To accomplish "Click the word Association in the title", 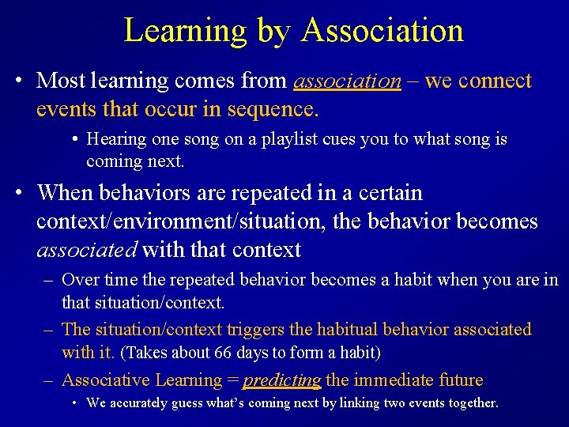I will tap(382, 31).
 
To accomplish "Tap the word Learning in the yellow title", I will tap(185, 31).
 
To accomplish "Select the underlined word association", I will tap(347, 81).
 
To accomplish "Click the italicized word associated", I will tap(87, 250).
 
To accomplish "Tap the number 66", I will tap(225, 352).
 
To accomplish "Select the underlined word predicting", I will tap(281, 380).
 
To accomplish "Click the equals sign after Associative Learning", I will tap(232, 380).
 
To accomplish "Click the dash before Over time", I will tap(48, 280).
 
